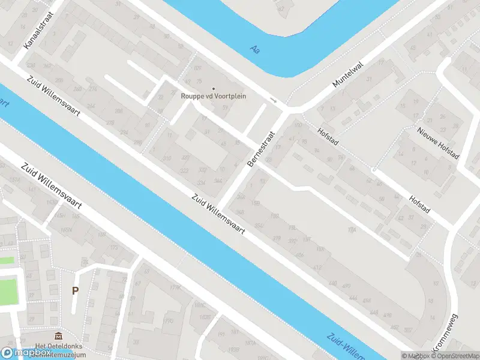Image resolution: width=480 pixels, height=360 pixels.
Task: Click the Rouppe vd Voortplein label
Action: pos(214,96)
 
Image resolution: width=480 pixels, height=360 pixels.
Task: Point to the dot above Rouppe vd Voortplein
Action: pos(214,88)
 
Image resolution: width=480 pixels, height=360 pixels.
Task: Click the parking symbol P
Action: pos(75,291)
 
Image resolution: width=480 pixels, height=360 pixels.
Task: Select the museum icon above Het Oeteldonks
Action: pos(58,335)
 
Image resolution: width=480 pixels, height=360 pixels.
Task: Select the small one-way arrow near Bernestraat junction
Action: pos(273,100)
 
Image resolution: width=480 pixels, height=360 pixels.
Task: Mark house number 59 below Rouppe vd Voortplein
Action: pos(225,108)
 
